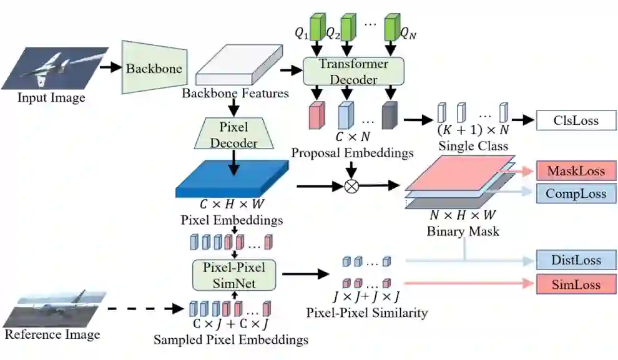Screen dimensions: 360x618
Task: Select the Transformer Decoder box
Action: tap(353, 72)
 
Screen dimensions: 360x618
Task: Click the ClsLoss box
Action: tap(576, 120)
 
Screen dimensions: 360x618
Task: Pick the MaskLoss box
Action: tap(576, 171)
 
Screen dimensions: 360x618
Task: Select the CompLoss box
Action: tap(576, 193)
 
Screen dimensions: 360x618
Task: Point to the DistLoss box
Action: tap(576, 260)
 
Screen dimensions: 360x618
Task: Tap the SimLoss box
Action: tap(576, 285)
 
